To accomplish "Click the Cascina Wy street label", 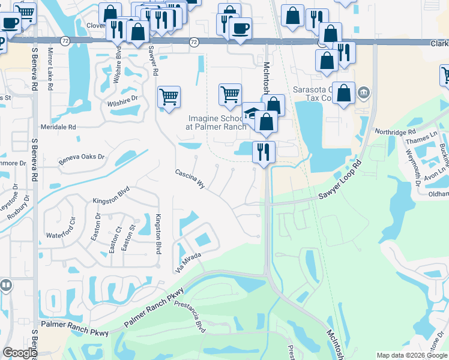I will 190,179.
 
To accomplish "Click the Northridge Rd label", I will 395,131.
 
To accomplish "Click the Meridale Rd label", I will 58,127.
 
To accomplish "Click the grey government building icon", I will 363,93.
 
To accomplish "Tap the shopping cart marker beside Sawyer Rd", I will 169,96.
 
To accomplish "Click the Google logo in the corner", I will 20,353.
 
